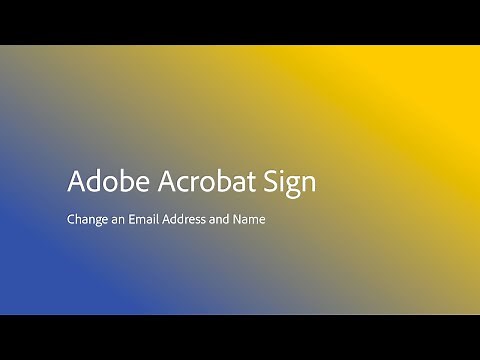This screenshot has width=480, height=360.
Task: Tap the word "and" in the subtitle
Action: (223, 217)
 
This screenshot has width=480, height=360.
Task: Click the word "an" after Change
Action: (120, 218)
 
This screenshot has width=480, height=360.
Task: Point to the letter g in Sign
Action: (294, 188)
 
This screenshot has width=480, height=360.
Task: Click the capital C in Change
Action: (71, 217)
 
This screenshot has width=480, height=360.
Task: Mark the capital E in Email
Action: (135, 217)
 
